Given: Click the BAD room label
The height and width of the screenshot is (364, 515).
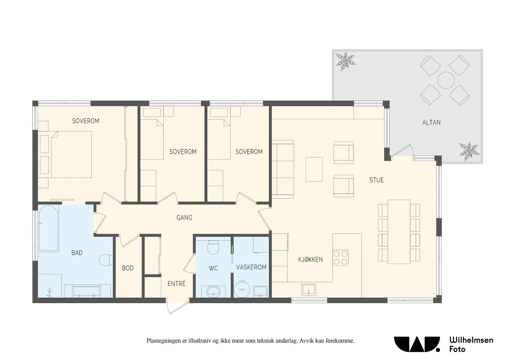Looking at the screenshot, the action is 77,253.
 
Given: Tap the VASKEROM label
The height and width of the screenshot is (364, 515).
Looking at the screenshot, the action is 251,267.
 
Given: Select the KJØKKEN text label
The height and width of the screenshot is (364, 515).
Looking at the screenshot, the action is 310,259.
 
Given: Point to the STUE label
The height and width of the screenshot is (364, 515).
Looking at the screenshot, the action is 377,180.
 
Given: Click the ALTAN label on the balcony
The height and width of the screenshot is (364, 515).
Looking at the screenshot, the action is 431,123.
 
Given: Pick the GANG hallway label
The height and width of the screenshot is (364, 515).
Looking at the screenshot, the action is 184,218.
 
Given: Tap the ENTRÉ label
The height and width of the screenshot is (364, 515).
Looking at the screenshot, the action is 176,284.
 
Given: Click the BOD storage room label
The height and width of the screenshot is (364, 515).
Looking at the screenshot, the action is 128,268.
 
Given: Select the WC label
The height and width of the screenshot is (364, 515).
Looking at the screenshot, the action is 213,268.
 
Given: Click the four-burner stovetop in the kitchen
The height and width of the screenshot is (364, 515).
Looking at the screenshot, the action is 341,258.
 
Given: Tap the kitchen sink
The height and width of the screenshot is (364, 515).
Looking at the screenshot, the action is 309,290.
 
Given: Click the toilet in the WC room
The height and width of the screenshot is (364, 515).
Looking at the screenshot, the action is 213,247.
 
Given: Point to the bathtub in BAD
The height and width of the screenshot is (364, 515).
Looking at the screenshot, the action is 49,228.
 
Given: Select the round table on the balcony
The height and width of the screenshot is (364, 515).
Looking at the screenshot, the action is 446,80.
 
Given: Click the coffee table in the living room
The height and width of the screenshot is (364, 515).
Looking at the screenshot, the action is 314,169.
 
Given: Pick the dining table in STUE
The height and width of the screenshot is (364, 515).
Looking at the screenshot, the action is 399,232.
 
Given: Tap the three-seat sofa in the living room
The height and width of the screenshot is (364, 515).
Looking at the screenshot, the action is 283,169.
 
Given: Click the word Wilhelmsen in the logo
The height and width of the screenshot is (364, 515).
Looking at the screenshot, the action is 471,340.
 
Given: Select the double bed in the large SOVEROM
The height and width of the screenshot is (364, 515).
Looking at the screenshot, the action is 71,155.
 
